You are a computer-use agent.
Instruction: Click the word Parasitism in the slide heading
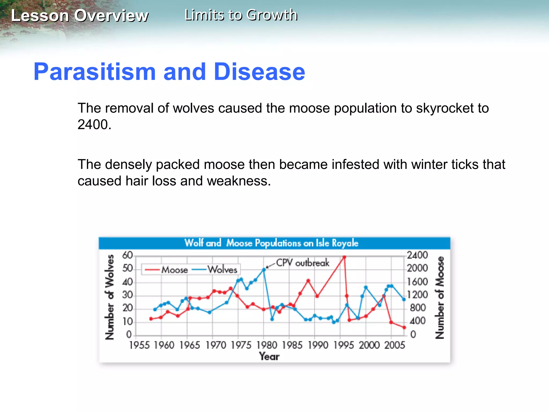pos(94,72)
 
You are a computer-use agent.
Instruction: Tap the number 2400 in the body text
pos(94,125)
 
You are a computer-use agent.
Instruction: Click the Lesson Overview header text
pos(80,16)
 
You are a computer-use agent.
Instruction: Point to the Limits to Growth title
pos(241,15)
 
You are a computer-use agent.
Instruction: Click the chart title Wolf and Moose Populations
pos(271,243)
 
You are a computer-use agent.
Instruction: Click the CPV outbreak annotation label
pos(302,263)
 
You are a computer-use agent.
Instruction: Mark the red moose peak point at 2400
pos(344,257)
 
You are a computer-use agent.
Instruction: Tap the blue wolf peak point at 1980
pos(264,270)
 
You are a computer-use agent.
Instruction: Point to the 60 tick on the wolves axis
pos(127,255)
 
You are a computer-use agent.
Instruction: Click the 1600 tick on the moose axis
pos(417,282)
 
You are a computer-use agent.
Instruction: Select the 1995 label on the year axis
pos(343,345)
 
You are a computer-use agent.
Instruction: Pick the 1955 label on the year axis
pos(139,345)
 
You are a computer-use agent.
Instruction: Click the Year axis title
pos(269,356)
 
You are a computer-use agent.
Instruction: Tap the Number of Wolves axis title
pos(109,297)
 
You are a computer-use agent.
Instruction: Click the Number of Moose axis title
pos(439,297)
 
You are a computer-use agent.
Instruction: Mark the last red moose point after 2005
pos(404,328)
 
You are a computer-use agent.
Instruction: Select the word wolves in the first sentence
pos(193,108)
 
